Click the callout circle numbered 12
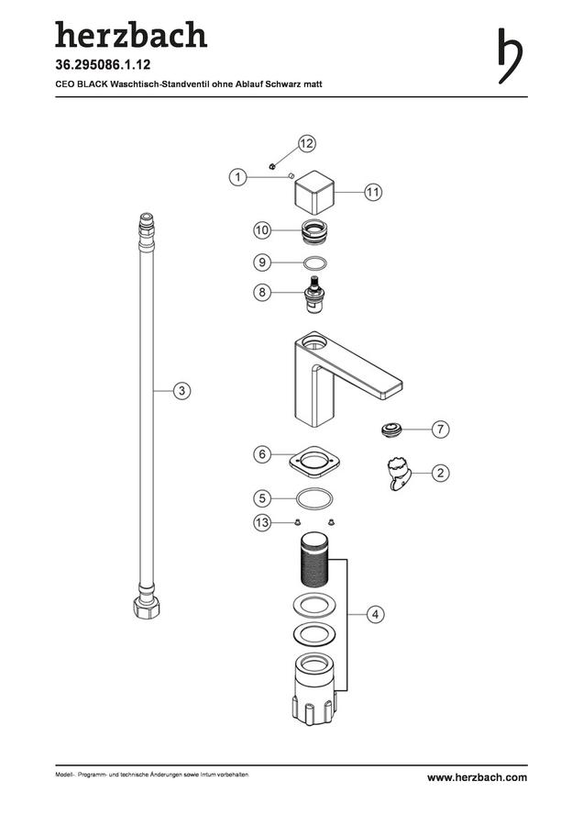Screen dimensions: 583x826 pos(307,143)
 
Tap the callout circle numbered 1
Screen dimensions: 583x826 pos(237,177)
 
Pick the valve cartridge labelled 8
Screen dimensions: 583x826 pos(315,294)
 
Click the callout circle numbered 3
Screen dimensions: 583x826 pos(182,391)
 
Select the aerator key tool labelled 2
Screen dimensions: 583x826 pos(399,473)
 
